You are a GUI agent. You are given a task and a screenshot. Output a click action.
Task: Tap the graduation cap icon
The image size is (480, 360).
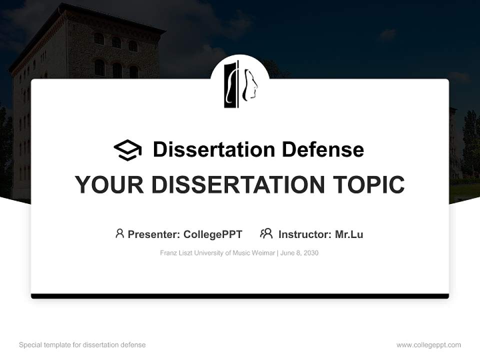127,149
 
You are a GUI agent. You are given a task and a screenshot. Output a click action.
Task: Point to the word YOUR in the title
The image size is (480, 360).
109,184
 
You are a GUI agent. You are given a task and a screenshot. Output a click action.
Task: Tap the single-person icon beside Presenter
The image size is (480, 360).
119,233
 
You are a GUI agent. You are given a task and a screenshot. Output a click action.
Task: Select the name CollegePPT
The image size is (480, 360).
212,234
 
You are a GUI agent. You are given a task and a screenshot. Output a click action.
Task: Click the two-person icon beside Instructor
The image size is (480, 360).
266,233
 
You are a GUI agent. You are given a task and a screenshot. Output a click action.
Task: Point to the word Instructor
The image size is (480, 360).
304,234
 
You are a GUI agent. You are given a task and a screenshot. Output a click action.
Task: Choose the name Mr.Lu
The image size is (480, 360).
349,234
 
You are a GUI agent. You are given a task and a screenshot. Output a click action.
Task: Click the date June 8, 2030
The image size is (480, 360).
299,253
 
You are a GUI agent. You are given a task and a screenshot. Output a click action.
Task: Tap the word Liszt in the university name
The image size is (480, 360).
186,253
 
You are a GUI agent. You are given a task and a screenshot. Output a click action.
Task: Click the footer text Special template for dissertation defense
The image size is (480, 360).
82,345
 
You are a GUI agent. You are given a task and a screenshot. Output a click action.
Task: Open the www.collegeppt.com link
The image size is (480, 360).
428,345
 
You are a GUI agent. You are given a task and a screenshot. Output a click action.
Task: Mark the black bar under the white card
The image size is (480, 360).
240,296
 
